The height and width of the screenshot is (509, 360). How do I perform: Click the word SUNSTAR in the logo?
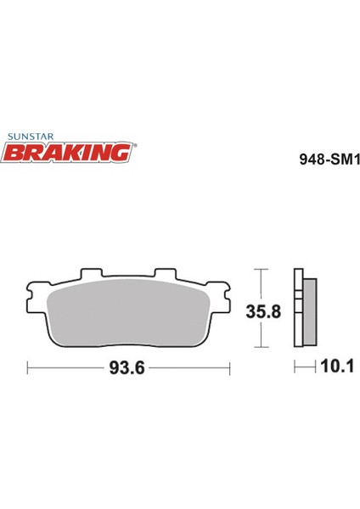pos(31,137)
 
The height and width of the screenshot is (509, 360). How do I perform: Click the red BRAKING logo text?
pos(66,153)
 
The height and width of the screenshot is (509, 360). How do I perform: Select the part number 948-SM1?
pos(329,159)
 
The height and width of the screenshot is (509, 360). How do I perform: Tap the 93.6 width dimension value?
pos(127,368)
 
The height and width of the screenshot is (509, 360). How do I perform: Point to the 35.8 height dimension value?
pos(263,311)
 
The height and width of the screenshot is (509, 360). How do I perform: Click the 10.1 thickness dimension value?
pos(337,366)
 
